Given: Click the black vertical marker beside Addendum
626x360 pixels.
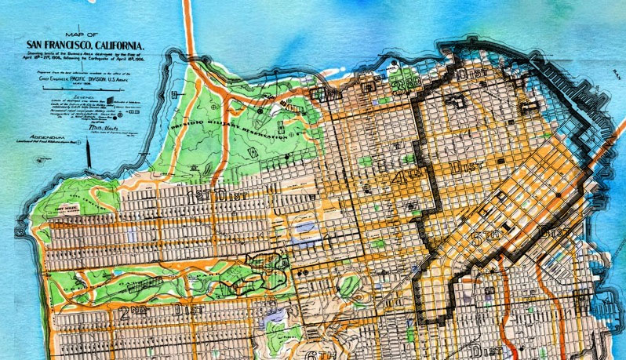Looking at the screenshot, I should coord(93,158).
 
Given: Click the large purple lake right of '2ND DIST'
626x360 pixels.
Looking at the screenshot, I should coord(275,315).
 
